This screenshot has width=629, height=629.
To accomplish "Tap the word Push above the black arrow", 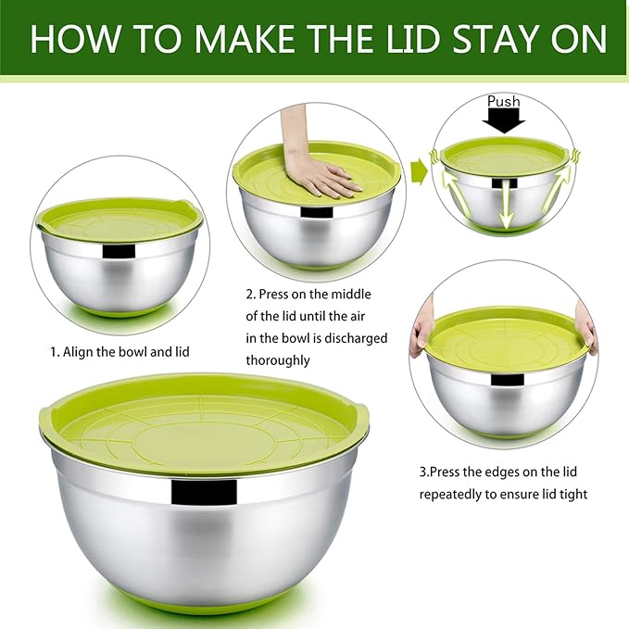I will [x=504, y=100].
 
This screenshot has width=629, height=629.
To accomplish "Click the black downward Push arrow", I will [x=504, y=119].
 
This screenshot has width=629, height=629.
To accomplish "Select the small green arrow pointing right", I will [x=418, y=170].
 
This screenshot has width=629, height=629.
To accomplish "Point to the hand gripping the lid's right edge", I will [x=586, y=328].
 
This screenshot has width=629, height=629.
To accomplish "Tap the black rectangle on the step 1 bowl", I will [x=119, y=251].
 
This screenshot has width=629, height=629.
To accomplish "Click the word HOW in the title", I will [x=70, y=38].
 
